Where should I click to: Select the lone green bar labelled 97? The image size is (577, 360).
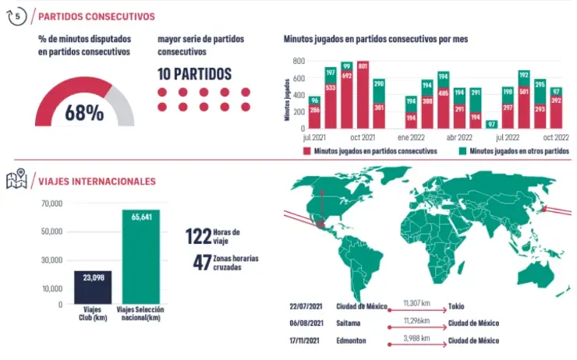pyautogui.click(x=491, y=124)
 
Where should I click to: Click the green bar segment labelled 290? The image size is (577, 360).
pyautogui.click(x=379, y=84)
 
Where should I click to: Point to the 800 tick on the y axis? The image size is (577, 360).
pyautogui.click(x=299, y=61)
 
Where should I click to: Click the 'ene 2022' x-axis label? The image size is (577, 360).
pyautogui.click(x=411, y=136)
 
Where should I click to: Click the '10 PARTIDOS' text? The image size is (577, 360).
pyautogui.click(x=194, y=74)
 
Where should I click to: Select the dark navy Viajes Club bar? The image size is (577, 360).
pyautogui.click(x=93, y=288)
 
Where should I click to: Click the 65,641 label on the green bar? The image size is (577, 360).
pyautogui.click(x=140, y=217)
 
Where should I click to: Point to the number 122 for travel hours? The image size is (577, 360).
pyautogui.click(x=198, y=236)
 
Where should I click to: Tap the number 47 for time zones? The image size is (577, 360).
pyautogui.click(x=202, y=262)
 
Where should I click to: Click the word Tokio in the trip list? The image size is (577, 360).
pyautogui.click(x=458, y=306)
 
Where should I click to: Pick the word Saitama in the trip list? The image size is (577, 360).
pyautogui.click(x=349, y=323)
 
